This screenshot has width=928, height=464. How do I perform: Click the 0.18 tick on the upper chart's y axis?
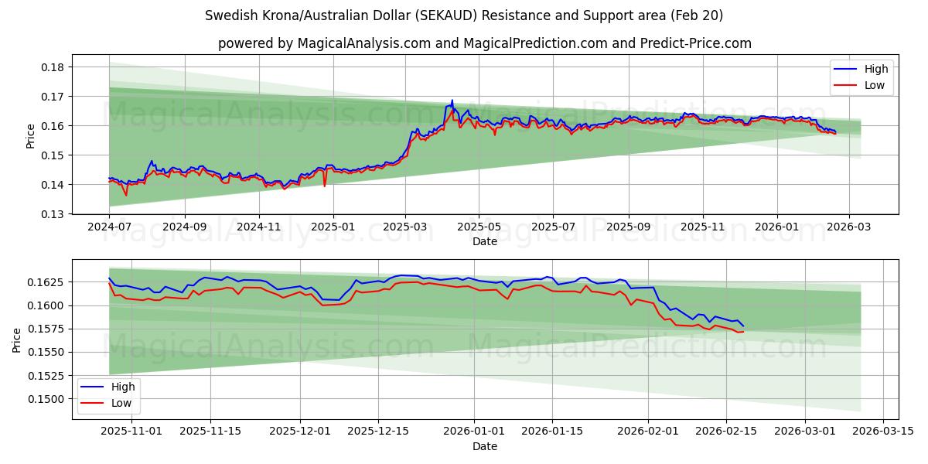point(55,67)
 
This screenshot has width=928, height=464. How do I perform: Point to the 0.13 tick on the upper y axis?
point(55,214)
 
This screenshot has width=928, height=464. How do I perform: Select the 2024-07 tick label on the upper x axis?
point(109,227)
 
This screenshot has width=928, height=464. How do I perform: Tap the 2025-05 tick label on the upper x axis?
point(479,227)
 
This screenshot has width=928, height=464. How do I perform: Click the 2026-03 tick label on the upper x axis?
point(849,227)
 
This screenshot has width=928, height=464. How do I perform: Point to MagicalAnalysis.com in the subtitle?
point(363,43)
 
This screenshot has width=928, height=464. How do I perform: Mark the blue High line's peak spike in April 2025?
point(452,101)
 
